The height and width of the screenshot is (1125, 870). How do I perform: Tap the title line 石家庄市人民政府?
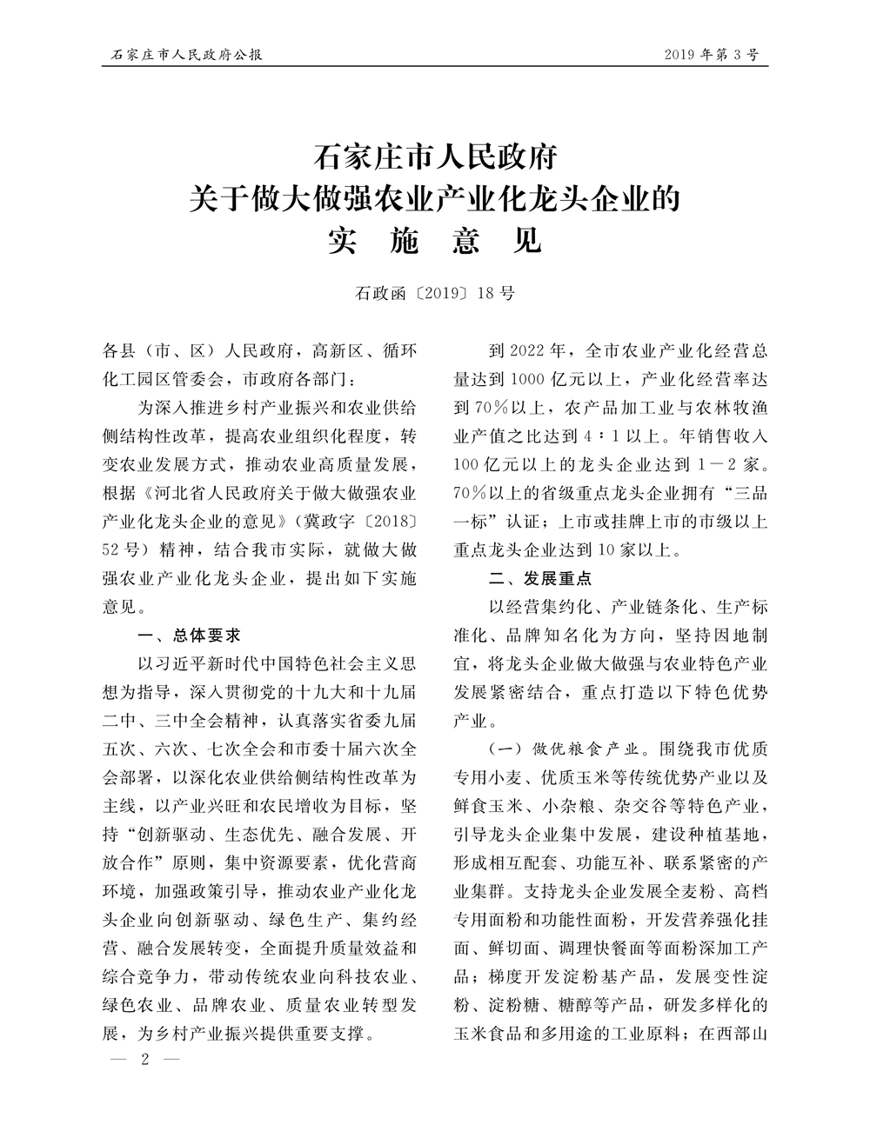pos(434,159)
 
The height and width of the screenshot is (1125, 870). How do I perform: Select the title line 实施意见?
pos(434,240)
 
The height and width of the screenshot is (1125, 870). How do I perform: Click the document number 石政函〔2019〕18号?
pos(434,293)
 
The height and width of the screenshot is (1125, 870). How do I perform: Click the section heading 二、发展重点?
pos(539,578)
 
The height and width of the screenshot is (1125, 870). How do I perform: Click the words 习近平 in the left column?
pos(196,662)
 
